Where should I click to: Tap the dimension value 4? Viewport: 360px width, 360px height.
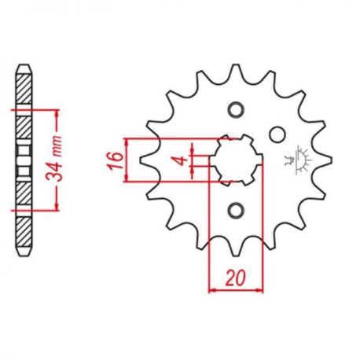[182, 160]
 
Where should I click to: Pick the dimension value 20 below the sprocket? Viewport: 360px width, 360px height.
[236, 277]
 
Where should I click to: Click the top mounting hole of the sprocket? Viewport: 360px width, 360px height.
[237, 109]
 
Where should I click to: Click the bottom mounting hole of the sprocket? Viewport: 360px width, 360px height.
[236, 210]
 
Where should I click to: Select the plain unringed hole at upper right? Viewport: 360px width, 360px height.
[277, 134]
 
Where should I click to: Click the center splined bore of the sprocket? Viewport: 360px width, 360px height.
[236, 160]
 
